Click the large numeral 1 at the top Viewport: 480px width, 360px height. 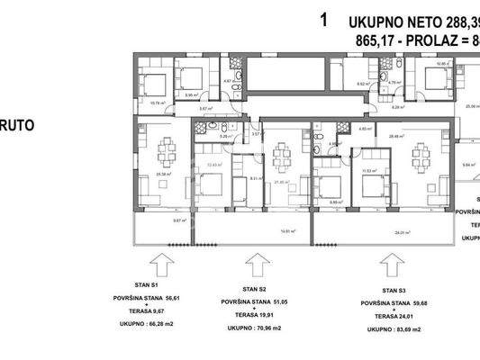[x=323, y=20]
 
